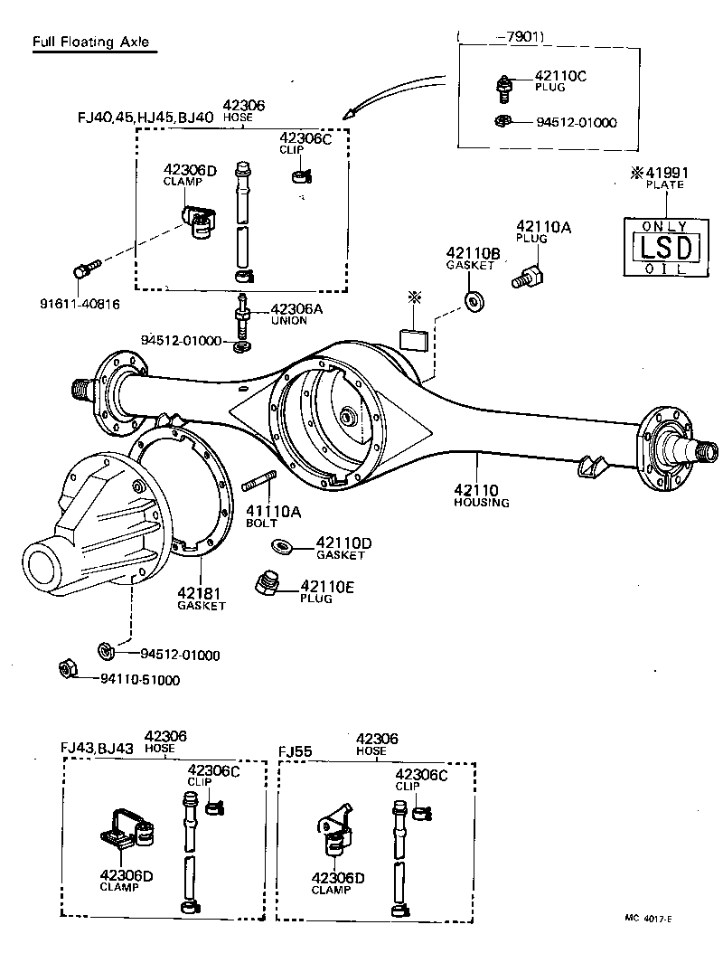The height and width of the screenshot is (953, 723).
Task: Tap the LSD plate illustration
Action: [x=664, y=247]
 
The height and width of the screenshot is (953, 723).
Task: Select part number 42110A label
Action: [x=543, y=226]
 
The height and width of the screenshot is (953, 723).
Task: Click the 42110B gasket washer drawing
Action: [x=473, y=300]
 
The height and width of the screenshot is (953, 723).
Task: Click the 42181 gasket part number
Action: [x=199, y=593]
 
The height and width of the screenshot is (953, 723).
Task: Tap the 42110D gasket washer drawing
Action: [x=281, y=545]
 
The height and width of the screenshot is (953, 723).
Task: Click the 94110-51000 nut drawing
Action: [x=66, y=670]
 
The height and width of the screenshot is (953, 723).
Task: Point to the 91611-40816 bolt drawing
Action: [x=83, y=269]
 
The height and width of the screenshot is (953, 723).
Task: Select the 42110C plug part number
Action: [x=560, y=77]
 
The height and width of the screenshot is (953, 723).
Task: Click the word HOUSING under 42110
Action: [x=482, y=502]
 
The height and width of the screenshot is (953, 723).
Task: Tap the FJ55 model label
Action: [x=295, y=751]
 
